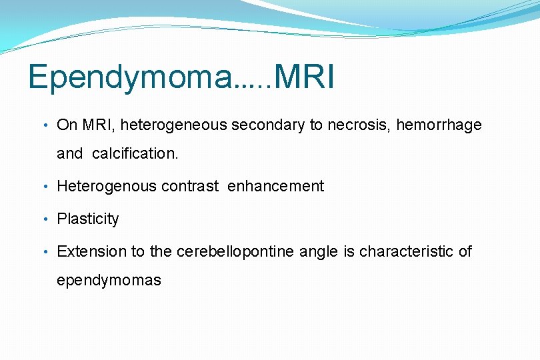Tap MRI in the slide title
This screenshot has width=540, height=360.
(304, 77)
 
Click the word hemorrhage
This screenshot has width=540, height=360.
(439, 125)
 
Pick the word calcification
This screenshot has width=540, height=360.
(135, 153)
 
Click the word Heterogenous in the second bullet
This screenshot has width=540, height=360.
(107, 187)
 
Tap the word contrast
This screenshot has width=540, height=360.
(190, 187)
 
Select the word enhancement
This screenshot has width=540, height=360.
(275, 187)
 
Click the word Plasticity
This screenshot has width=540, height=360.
(88, 219)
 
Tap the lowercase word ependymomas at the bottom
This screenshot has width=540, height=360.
(109, 280)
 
